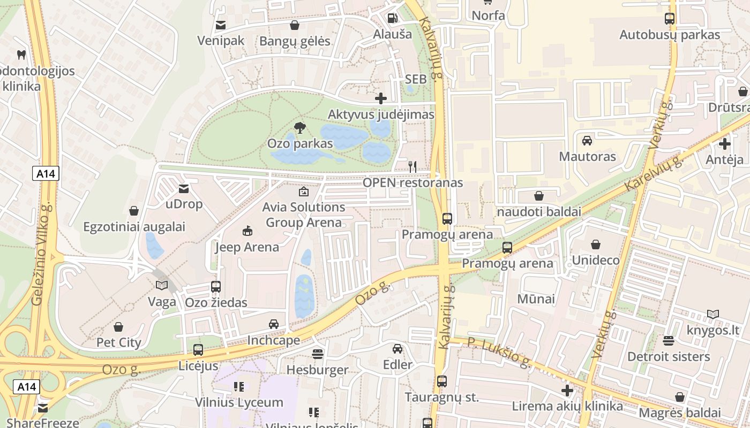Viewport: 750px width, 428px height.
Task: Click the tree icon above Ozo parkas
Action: tap(300, 128)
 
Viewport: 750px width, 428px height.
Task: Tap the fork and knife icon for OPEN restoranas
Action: tap(412, 167)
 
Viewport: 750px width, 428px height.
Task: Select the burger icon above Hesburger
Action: tap(318, 354)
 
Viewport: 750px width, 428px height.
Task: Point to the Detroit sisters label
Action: tap(668, 356)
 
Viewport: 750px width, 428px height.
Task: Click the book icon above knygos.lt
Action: tap(712, 314)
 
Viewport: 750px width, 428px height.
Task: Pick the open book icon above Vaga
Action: tap(162, 286)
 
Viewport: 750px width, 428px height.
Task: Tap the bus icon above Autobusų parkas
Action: tap(670, 19)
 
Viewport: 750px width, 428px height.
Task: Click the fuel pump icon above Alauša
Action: tap(393, 18)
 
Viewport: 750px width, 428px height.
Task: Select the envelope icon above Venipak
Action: tap(220, 25)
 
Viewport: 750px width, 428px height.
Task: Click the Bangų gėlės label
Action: tap(295, 41)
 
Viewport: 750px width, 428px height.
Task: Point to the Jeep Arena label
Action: tap(247, 247)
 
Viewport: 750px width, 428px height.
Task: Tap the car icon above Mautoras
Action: tap(587, 141)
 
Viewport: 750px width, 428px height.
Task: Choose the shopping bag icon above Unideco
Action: tap(595, 244)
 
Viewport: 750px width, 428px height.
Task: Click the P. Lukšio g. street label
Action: tap(499, 353)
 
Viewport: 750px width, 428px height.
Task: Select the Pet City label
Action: tap(118, 342)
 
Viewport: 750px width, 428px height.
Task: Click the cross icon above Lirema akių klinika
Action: tap(567, 391)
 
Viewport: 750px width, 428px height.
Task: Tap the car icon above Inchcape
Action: tap(274, 324)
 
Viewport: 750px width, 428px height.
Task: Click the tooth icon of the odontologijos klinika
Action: tap(21, 55)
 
